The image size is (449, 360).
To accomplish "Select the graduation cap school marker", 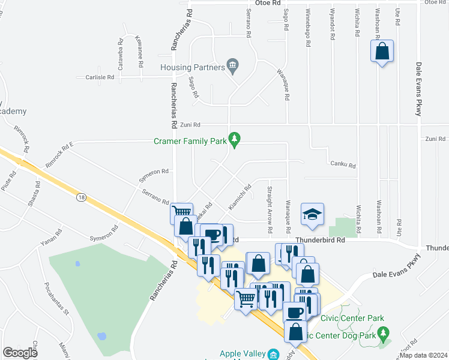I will pyautogui.click(x=312, y=215).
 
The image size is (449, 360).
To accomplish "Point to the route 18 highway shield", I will pyautogui.click(x=80, y=197).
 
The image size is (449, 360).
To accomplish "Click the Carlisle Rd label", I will pyautogui.click(x=100, y=77).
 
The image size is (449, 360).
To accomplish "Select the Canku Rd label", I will pyautogui.click(x=343, y=164).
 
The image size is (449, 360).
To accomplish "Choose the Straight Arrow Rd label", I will pyautogui.click(x=270, y=209).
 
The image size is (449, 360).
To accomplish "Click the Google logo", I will pyautogui.click(x=20, y=353).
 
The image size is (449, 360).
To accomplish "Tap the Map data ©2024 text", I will pyautogui.click(x=423, y=355).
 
